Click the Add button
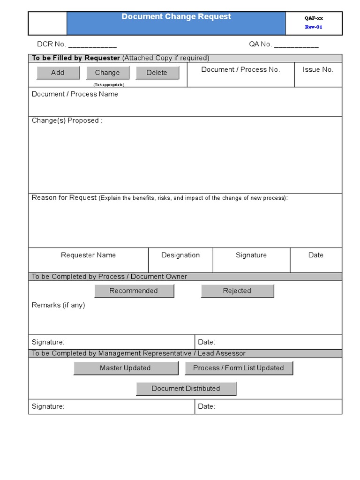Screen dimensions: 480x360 pos(58,73)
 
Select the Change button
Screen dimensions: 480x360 pos(107,73)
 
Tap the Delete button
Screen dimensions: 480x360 pos(157,73)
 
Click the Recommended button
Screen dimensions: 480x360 pos(134,291)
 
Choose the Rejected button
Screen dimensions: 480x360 pos(237,291)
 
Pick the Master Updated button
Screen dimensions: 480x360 pos(125,368)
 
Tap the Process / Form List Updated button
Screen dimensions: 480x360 pos(238,368)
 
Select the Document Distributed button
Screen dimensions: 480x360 pos(186,388)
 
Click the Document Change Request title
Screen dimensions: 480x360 pos(176,17)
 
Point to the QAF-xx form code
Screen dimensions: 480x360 pos(314,18)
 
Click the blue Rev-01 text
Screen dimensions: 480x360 pos(314,27)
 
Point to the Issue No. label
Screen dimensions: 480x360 pos(318,69)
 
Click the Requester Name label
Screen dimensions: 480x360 pos(88,255)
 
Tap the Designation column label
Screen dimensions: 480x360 pos(180,255)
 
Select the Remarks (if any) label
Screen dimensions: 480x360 pos(58,305)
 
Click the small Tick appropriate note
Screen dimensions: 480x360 pos(109,85)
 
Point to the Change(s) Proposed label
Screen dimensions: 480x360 pos(67,120)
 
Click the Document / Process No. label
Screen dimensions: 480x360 pos(240,69)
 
